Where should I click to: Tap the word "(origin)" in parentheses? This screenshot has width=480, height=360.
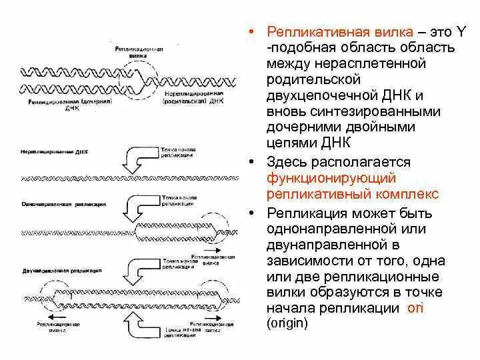(287, 324)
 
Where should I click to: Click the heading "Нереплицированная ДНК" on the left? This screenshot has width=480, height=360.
(53, 153)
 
